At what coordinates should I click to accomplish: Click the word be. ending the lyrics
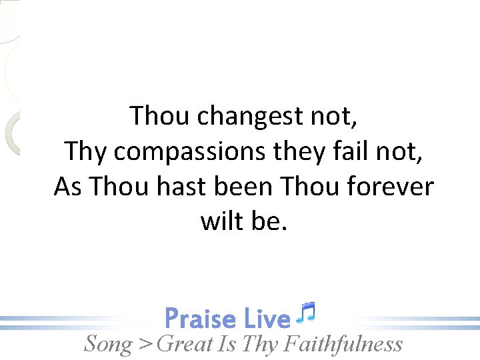pyautogui.click(x=269, y=221)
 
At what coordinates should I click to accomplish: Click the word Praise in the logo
pyautogui.click(x=200, y=319)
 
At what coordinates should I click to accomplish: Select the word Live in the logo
pyautogui.click(x=267, y=319)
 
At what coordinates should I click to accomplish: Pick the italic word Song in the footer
pyautogui.click(x=107, y=344)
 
